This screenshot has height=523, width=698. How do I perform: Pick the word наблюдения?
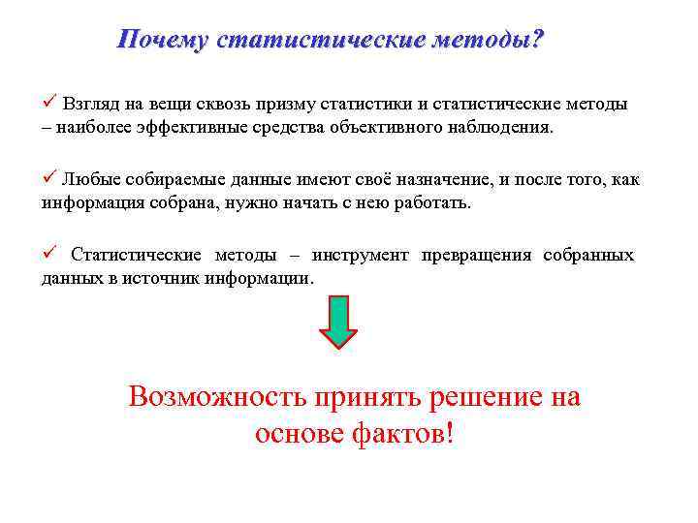(502, 127)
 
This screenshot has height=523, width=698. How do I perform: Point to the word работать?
(431, 203)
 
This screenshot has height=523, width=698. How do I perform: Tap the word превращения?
(476, 256)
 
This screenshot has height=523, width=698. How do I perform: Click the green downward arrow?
(338, 323)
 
